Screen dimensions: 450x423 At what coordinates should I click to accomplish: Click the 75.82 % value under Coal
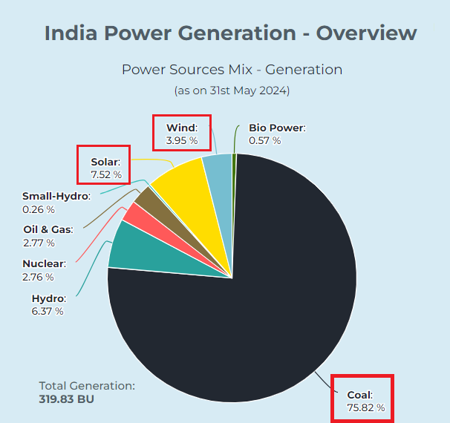pyautogui.click(x=366, y=407)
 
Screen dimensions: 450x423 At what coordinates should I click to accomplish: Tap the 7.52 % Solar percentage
pyautogui.click(x=106, y=174)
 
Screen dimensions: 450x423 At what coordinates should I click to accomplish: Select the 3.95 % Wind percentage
pyautogui.click(x=182, y=140)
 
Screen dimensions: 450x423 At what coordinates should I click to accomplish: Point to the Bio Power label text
pyautogui.click(x=277, y=128)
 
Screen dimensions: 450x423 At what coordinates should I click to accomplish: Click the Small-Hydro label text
pyautogui.click(x=56, y=196)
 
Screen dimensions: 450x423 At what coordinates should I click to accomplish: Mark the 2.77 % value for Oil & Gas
pyautogui.click(x=39, y=243)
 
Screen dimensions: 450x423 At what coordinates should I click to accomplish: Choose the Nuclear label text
pyautogui.click(x=45, y=263)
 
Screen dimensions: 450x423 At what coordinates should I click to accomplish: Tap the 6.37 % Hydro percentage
pyautogui.click(x=48, y=311)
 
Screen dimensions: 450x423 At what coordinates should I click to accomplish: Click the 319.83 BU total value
pyautogui.click(x=66, y=399)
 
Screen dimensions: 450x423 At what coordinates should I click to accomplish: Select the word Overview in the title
pyautogui.click(x=367, y=33)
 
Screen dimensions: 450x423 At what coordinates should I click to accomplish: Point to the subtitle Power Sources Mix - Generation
pyautogui.click(x=232, y=70)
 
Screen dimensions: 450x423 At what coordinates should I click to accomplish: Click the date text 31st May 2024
pyautogui.click(x=248, y=91)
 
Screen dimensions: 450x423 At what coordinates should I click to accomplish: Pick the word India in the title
pyautogui.click(x=71, y=33)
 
